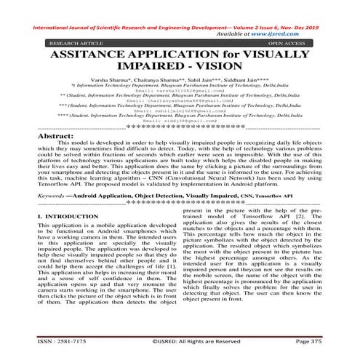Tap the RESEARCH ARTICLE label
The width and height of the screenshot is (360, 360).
tap(75, 44)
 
